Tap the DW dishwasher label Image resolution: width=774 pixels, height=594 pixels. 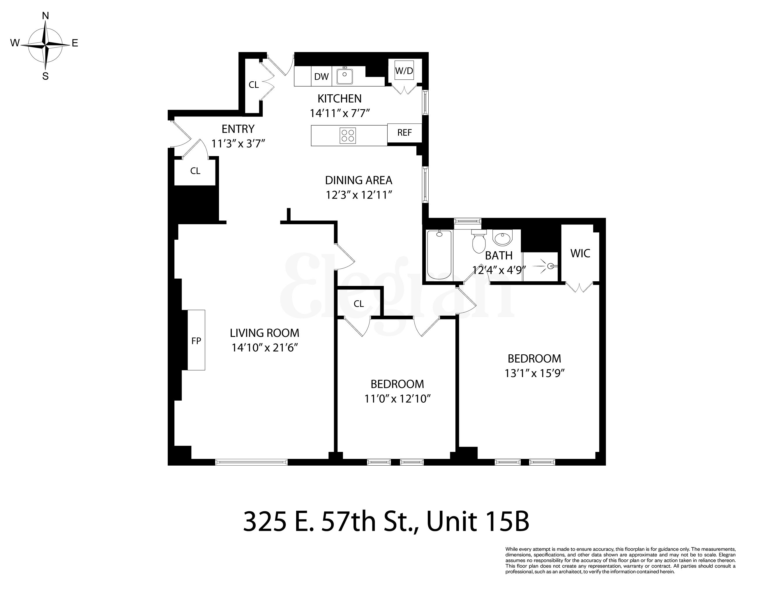click(321, 76)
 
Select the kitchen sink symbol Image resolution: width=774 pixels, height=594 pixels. click(344, 76)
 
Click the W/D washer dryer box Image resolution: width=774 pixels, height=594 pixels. click(404, 71)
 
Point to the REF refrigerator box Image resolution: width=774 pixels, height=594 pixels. click(404, 132)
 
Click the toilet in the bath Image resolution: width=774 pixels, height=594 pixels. click(479, 242)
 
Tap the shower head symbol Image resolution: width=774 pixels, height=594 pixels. click(550, 266)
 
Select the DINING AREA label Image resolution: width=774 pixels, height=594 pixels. click(358, 180)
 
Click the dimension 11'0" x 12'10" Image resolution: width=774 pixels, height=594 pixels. click(397, 399)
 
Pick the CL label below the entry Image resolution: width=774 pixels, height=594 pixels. click(195, 171)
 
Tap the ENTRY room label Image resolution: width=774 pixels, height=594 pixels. click(238, 129)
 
